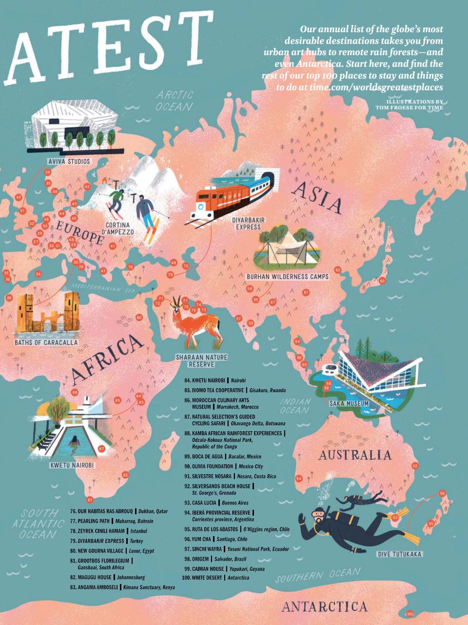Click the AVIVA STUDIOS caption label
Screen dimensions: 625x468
[x=68, y=161]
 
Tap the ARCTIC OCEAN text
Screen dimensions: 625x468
[x=175, y=101]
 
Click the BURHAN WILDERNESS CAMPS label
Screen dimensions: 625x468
[x=287, y=277]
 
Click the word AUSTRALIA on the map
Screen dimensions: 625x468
[x=354, y=456]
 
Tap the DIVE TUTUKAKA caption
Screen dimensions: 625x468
[x=399, y=554]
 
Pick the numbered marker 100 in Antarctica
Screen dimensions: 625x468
[x=409, y=614]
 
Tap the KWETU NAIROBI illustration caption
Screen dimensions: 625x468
[x=72, y=465]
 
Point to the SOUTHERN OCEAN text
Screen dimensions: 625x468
[x=318, y=576]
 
